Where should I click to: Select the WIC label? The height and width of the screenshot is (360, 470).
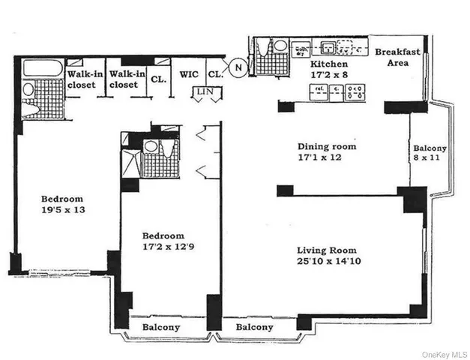pos(188,75)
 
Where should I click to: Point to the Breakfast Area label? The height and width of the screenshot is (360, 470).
pos(397,57)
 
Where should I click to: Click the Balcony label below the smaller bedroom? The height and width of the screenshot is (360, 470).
pos(161,328)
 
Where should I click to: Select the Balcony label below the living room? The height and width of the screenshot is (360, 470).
pos(254,328)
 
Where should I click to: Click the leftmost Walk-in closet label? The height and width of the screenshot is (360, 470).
pos(82,79)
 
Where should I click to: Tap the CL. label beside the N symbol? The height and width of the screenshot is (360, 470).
pos(215,75)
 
